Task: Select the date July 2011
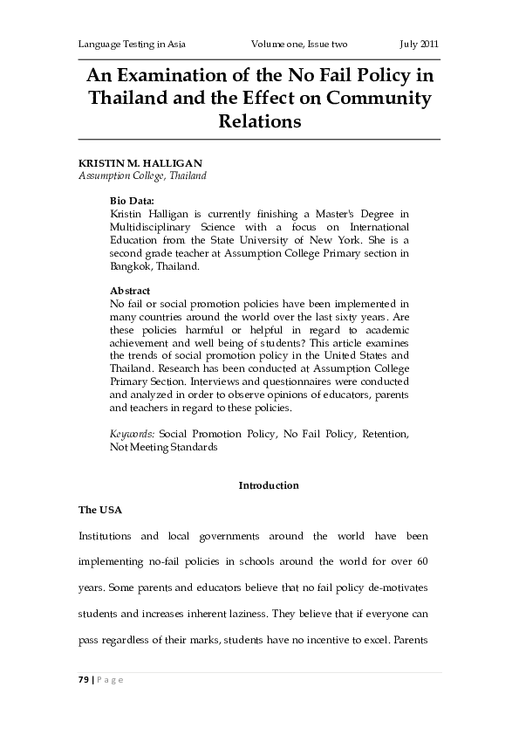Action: click(419, 44)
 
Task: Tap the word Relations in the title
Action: click(259, 122)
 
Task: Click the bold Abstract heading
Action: click(130, 290)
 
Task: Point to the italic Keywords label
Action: click(133, 433)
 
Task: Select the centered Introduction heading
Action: click(269, 485)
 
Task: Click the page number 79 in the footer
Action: click(84, 680)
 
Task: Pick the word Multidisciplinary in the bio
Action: click(154, 225)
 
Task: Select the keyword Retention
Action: click(385, 433)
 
